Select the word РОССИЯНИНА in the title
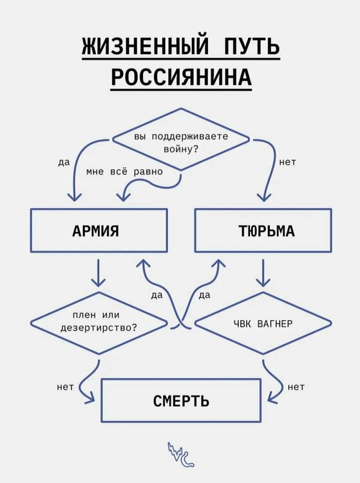click(180, 77)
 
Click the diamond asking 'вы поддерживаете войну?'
click(180, 140)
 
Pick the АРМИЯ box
click(99, 231)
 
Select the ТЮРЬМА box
click(262, 231)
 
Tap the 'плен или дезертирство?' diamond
click(99, 322)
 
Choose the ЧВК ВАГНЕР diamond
click(262, 323)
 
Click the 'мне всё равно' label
click(124, 173)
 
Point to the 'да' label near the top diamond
click(63, 162)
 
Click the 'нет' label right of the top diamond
click(288, 162)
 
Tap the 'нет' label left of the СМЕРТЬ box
click(65, 387)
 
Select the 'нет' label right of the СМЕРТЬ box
click(296, 387)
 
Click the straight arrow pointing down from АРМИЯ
click(99, 273)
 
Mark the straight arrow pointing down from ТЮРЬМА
click(262, 273)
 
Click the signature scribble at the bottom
click(180, 455)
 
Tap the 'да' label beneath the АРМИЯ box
click(157, 295)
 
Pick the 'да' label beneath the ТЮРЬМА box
click(205, 295)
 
